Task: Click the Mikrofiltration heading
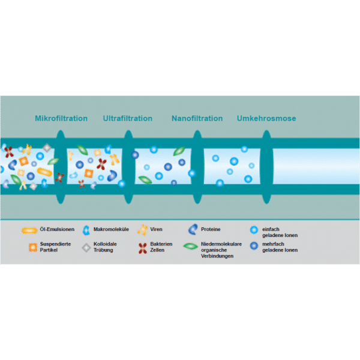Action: pos(61,118)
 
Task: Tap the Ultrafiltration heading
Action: pos(128,118)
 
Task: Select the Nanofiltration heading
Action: pos(197,118)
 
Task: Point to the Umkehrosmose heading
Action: pos(266,118)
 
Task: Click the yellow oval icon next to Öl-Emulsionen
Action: pos(29,230)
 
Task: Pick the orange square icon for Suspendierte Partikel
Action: pos(33,247)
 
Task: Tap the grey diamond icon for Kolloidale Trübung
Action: pos(86,248)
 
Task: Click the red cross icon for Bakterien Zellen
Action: pos(143,248)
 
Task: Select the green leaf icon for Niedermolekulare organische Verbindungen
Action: pos(190,247)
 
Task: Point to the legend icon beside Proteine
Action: pos(193,229)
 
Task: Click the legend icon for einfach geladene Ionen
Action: pos(254,230)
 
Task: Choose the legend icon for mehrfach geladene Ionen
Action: pos(254,245)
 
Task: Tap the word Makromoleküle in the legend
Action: pos(111,229)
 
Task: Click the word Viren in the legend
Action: pos(156,229)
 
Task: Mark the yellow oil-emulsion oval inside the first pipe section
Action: pos(44,172)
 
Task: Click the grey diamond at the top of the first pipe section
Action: pos(47,148)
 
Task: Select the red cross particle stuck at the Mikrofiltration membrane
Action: pos(59,178)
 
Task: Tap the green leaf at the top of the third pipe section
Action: pos(179,151)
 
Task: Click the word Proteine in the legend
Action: pos(211,229)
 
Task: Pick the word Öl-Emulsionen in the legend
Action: pos(57,229)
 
